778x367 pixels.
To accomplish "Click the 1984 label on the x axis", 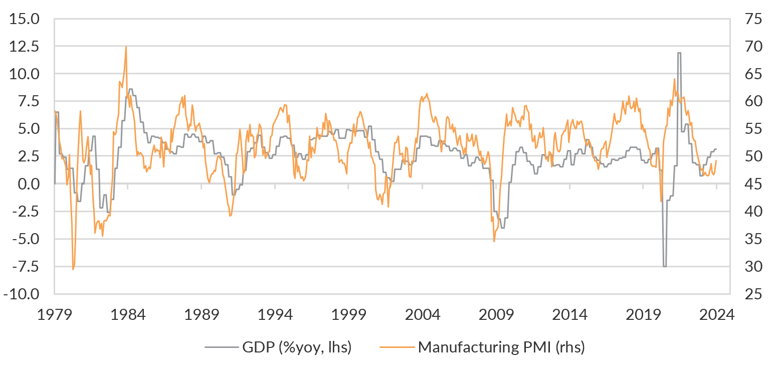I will [128, 315].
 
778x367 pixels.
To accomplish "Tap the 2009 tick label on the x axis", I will [496, 315].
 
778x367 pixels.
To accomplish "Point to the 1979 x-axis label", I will [54, 315].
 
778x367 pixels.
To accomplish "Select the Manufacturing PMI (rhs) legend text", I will [501, 347].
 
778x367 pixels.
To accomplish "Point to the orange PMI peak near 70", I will [126, 47].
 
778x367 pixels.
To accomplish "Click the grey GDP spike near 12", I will [679, 53].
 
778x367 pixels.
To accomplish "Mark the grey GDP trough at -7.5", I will [665, 266].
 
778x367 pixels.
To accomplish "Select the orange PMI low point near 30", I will [73, 269].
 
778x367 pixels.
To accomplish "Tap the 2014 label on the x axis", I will [570, 315].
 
